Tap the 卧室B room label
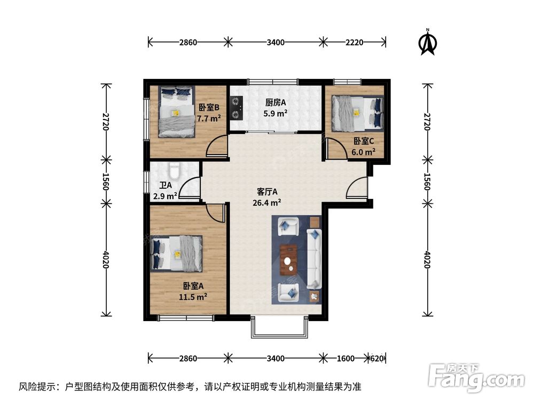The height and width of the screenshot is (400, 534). tap(209, 108)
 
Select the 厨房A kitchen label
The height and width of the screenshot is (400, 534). tap(276, 103)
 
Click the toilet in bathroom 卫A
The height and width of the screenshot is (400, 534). tap(174, 172)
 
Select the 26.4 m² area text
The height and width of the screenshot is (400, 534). tap(267, 203)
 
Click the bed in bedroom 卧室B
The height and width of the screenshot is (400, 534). tap(176, 112)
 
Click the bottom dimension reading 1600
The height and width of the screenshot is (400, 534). tap(345, 358)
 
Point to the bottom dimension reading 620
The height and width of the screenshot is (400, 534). tap(377, 358)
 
